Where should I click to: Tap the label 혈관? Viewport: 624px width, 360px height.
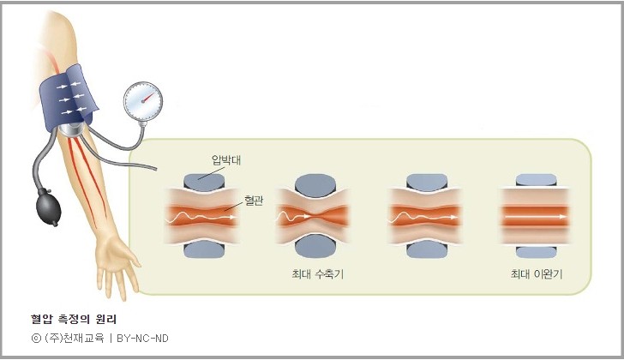coord(254,199)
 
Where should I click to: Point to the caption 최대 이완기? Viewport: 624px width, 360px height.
coord(536,274)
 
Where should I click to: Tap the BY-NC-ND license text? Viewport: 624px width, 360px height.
coord(142,338)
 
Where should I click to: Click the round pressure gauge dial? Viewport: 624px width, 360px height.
coord(142,103)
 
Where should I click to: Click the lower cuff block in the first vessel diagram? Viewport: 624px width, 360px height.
coord(201,249)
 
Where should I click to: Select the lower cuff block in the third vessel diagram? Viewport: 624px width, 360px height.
coord(426,247)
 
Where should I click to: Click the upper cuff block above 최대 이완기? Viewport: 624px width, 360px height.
coord(536,181)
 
